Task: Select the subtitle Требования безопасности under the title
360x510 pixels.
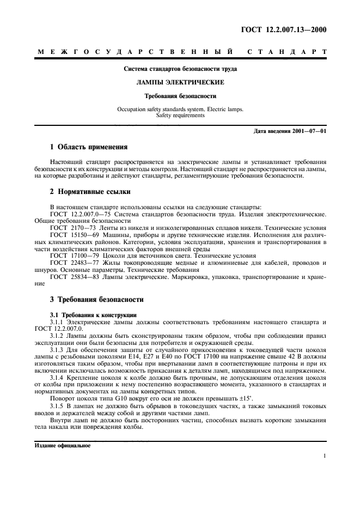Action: (180, 95)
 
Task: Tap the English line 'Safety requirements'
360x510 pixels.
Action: (180, 116)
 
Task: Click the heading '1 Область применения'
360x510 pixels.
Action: (89, 147)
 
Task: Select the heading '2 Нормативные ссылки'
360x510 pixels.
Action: (89, 191)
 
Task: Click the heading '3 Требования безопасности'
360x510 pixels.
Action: (96, 299)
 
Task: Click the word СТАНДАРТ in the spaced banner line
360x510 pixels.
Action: (287, 52)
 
